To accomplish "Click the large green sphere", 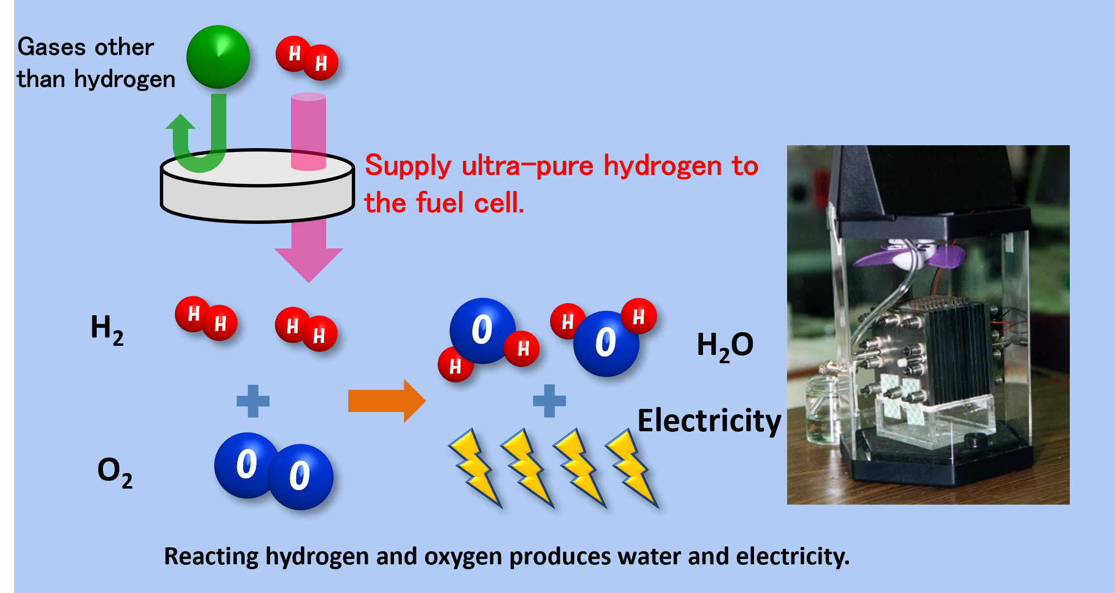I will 218,57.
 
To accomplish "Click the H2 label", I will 107,329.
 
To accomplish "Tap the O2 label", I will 115,472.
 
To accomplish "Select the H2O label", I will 725,346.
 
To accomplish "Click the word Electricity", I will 709,421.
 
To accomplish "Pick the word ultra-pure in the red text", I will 527,166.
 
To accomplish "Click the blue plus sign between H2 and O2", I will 253,401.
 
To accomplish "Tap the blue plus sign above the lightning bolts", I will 549,401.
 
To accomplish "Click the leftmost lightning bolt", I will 474,466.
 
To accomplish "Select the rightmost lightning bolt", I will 632,466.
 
